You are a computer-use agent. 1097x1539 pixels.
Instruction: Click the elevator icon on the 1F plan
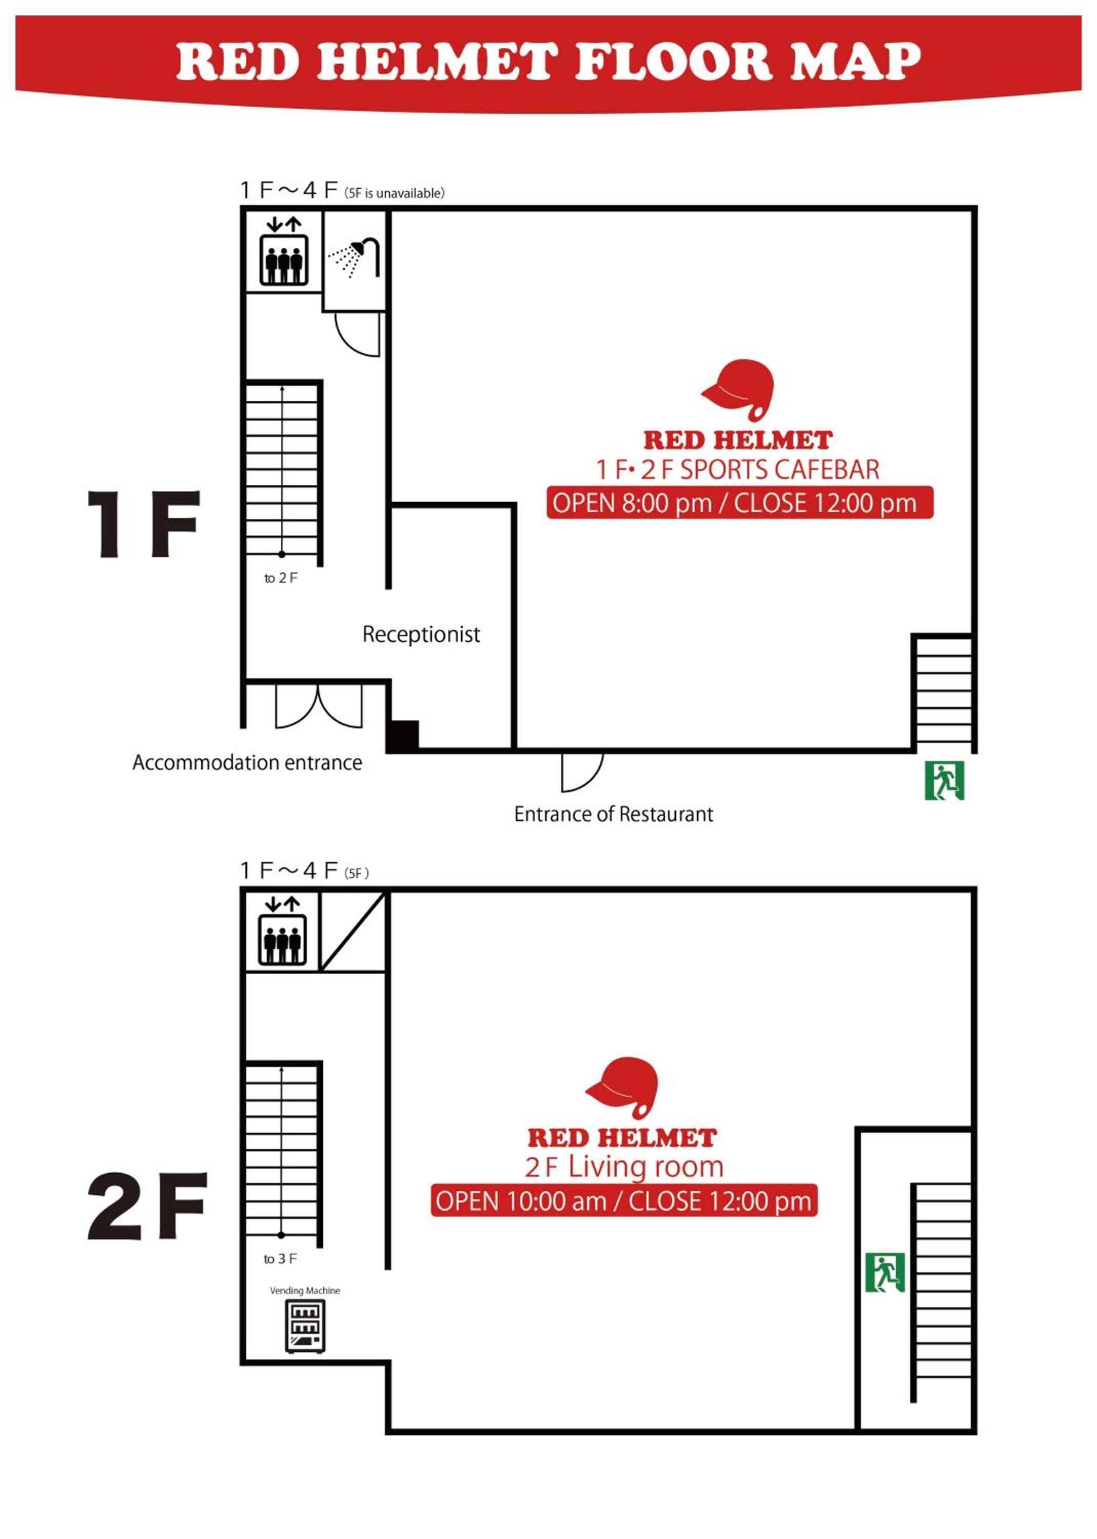[284, 251]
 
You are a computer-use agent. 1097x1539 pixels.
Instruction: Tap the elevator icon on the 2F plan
[282, 931]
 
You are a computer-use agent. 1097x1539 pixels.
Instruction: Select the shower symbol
[354, 258]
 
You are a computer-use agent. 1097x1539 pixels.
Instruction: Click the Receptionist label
[421, 634]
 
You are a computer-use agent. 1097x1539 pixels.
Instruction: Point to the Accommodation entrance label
[247, 762]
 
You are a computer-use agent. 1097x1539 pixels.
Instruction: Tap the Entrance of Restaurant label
[613, 814]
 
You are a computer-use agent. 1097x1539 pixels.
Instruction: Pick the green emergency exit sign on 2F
[885, 1272]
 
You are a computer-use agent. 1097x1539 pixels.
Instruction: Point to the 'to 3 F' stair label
[280, 1259]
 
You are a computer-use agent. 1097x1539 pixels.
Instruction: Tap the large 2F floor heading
[147, 1206]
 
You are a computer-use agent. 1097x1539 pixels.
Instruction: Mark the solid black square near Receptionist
[403, 736]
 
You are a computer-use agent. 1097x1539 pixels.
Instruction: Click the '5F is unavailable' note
[395, 193]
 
